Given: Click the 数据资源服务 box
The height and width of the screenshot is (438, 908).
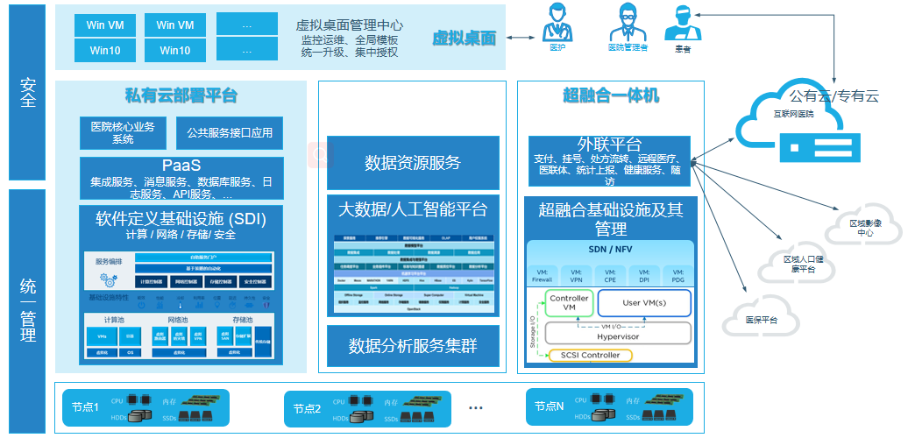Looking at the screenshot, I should pos(413,163).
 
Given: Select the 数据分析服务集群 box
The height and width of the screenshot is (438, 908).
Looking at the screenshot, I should pos(413,345).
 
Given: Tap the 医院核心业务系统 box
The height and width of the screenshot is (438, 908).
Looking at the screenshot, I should pos(123,133).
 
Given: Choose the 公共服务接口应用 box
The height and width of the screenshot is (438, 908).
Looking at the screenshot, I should pos(230,133).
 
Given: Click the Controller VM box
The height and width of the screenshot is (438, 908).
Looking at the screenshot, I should pos(569,303).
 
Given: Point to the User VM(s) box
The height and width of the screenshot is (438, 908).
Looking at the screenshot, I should pos(643,303).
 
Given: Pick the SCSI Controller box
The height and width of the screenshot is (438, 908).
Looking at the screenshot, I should pos(590,355).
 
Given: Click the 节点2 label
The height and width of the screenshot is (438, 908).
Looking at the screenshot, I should pos(308,408).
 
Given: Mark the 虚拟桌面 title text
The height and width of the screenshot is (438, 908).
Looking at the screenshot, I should pos(464,39).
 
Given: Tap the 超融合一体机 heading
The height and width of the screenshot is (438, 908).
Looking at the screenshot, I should pos(610,95).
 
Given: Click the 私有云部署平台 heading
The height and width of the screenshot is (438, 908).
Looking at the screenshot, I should pos(181,95).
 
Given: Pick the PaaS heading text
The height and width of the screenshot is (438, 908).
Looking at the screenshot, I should pos(181,166).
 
